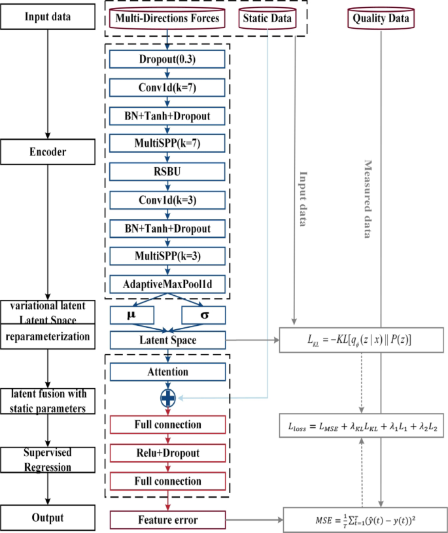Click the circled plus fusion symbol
[169, 398]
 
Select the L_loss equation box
[362, 426]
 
